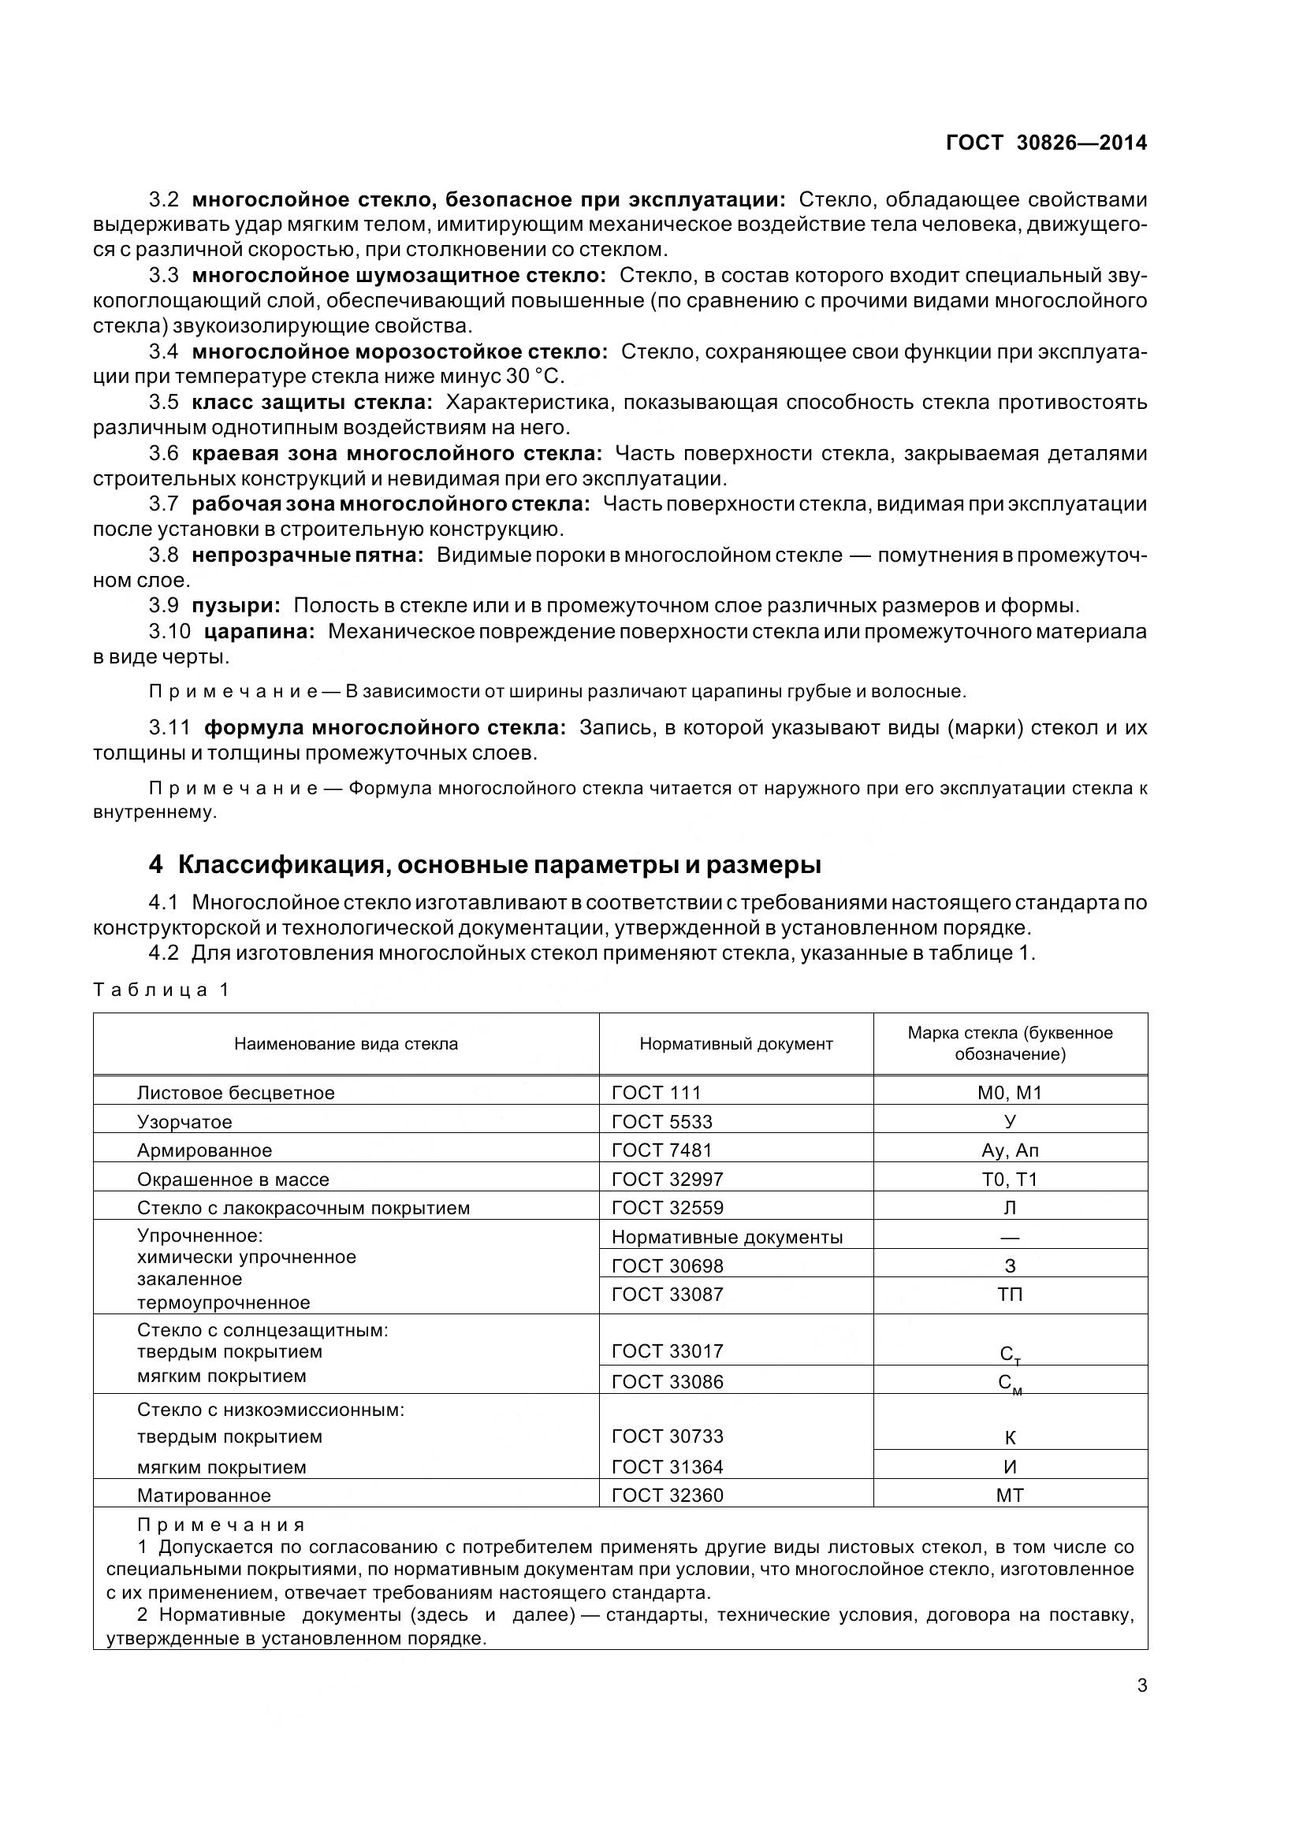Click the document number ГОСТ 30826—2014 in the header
1046,143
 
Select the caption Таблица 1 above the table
162,990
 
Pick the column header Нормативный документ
735,1043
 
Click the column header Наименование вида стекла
346,1043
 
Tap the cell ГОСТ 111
656,1092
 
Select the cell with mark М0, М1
1010,1092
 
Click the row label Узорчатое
184,1121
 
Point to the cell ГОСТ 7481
661,1150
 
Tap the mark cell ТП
1010,1295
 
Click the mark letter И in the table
1010,1466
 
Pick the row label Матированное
204,1496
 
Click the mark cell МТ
1010,1496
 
